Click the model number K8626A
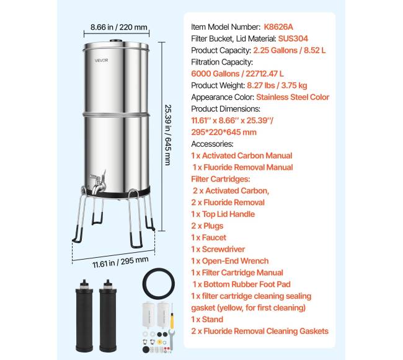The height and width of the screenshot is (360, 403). click(278, 27)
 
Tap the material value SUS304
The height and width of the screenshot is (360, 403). click(293, 38)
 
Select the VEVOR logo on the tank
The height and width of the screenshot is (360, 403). click(102, 61)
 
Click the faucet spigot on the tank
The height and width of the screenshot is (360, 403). click(98, 183)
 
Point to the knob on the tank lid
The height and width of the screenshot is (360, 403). click(116, 41)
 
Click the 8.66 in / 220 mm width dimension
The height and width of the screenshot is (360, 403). click(119, 27)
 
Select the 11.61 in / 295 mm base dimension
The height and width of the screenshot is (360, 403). click(120, 262)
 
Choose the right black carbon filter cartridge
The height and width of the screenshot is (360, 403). click(108, 316)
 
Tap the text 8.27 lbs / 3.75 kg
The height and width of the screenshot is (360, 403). click(277, 86)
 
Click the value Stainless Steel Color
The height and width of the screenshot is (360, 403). click(293, 97)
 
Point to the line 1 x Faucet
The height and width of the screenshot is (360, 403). click(209, 237)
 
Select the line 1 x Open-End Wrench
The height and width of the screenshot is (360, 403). click(230, 261)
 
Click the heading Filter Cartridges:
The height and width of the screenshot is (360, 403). click(221, 179)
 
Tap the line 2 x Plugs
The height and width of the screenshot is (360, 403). click(207, 226)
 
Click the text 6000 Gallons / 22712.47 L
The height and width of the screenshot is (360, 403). click(237, 74)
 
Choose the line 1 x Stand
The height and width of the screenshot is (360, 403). click(207, 320)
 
